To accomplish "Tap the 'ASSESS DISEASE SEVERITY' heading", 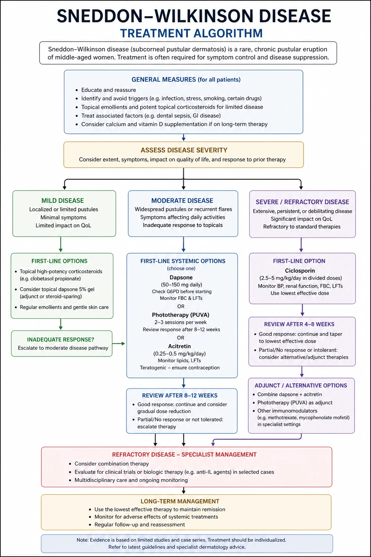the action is pyautogui.click(x=184, y=150).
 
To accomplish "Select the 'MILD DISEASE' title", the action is pyautogui.click(x=63, y=201).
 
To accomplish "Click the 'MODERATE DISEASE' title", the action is pyautogui.click(x=182, y=201).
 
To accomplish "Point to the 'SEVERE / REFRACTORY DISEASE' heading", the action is pyautogui.click(x=303, y=202).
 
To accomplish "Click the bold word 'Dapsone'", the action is pyautogui.click(x=181, y=277).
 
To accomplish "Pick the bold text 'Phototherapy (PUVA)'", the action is pyautogui.click(x=181, y=315).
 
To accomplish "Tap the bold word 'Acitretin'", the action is pyautogui.click(x=179, y=346).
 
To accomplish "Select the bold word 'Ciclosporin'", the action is pyautogui.click(x=300, y=271).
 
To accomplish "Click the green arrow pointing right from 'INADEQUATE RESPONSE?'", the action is pyautogui.click(x=118, y=344).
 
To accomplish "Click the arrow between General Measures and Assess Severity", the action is pyautogui.click(x=184, y=137).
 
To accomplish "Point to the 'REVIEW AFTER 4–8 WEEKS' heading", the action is pyautogui.click(x=299, y=324).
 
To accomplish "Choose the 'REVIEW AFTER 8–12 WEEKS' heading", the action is pyautogui.click(x=180, y=396).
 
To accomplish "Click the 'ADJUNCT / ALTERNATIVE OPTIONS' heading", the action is pyautogui.click(x=301, y=385).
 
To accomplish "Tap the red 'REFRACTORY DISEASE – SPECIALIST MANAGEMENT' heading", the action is pyautogui.click(x=184, y=454).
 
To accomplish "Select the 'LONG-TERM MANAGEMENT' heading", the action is pyautogui.click(x=180, y=501).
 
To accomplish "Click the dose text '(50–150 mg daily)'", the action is pyautogui.click(x=182, y=285).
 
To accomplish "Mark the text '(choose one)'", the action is pyautogui.click(x=181, y=269).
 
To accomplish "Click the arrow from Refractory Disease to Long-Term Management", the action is pyautogui.click(x=184, y=491).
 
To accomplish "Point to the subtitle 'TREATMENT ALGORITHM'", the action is pyautogui.click(x=191, y=33).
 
